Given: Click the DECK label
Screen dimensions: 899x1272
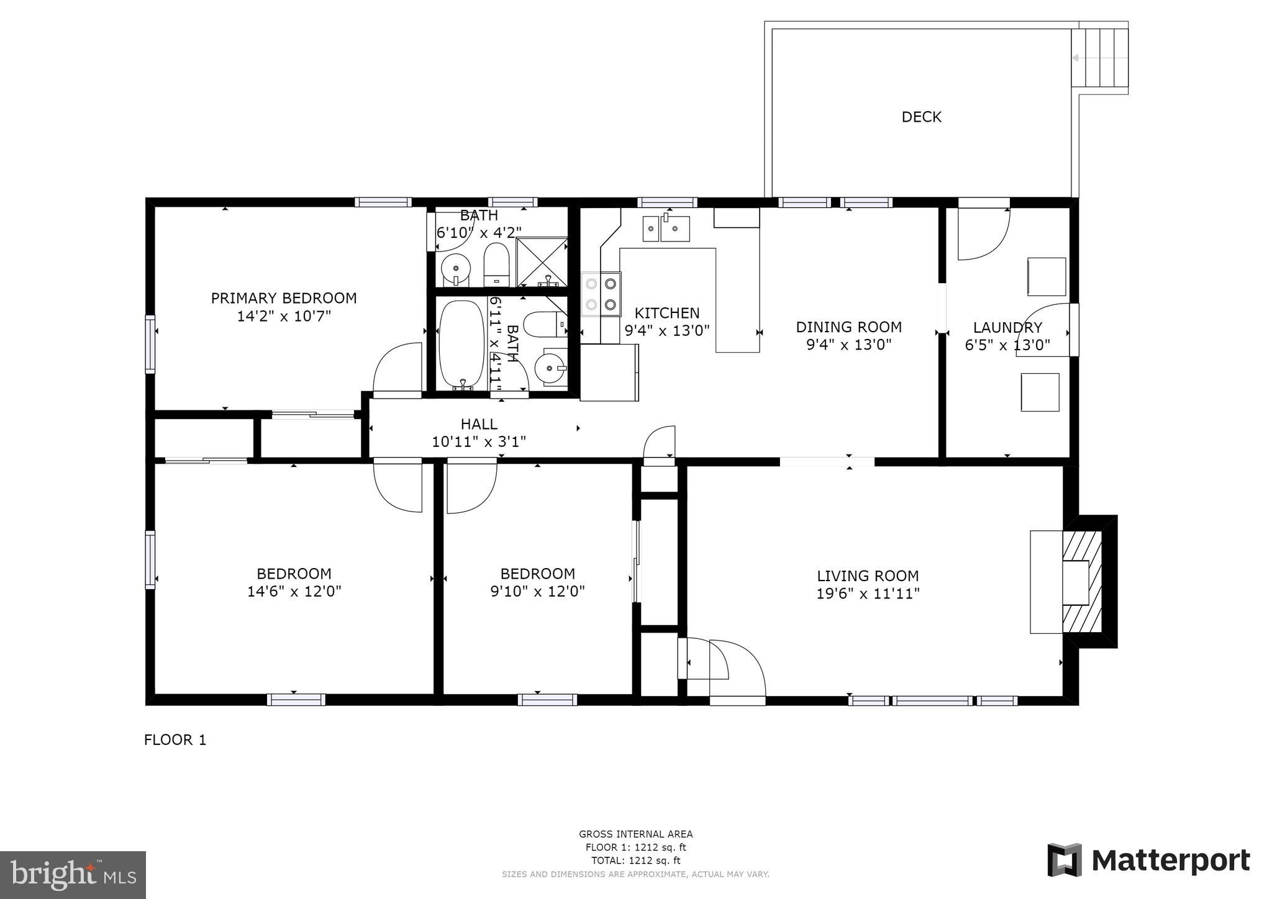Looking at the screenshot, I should click(921, 117).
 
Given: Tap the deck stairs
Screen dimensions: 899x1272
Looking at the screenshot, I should click(1099, 58).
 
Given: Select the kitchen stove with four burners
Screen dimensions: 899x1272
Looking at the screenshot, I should click(601, 294).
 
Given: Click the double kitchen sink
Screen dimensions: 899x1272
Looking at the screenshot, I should click(666, 228).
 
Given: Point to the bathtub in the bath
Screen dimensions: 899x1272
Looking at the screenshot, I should click(461, 344).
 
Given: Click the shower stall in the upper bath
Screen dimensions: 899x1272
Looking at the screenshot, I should click(542, 261).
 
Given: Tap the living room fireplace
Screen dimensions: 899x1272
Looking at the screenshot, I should click(1081, 582).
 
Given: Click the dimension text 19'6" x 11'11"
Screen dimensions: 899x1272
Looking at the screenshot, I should click(868, 594).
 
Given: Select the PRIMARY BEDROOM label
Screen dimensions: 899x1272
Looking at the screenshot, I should click(284, 298).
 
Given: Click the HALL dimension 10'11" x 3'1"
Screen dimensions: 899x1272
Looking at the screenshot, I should click(479, 441).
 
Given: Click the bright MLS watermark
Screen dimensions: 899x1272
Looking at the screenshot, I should click(73, 875).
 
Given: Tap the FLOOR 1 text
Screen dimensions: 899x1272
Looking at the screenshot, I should click(175, 739).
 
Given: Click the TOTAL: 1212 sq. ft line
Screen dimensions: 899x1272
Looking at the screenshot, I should click(635, 861).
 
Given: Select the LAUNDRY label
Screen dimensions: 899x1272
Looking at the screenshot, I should click(1007, 327).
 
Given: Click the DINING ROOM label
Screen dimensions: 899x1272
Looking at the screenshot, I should click(848, 327).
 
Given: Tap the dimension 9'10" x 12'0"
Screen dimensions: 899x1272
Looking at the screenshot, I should click(537, 591).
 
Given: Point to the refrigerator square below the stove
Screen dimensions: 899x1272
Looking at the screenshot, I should click(609, 373).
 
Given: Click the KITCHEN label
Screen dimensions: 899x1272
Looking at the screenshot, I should click(666, 313).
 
